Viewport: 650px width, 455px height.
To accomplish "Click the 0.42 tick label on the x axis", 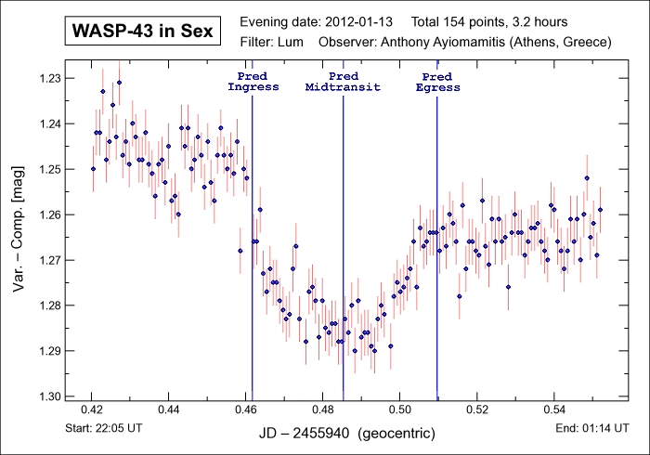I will [x=92, y=409].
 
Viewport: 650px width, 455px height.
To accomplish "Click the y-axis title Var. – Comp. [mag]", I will [x=19, y=237].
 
